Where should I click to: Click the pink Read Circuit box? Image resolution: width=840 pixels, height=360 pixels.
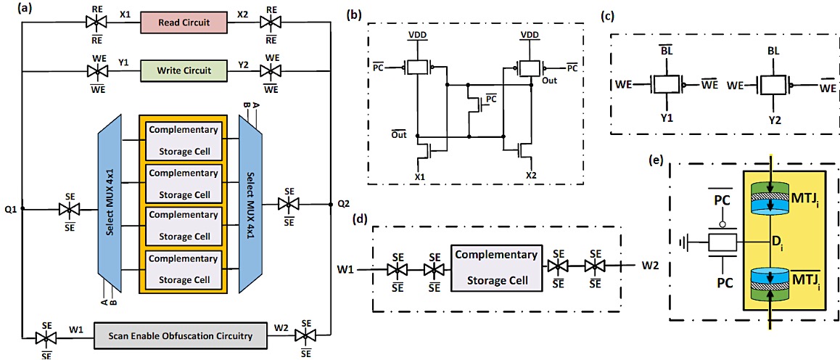pos(184,23)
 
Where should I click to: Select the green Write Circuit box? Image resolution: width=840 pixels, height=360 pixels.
pos(184,70)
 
